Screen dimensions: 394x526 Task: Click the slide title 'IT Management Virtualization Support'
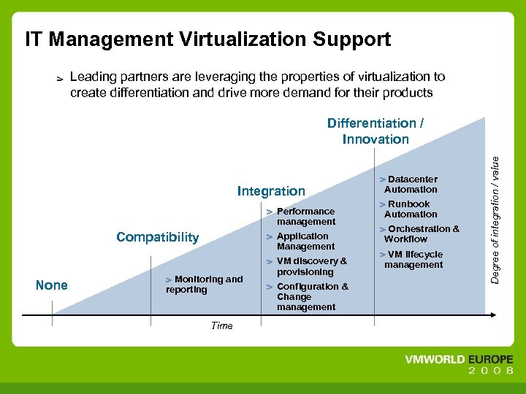(208, 39)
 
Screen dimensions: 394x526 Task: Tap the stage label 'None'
(51, 285)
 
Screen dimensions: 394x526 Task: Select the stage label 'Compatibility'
(157, 237)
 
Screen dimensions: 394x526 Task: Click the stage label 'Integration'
(271, 191)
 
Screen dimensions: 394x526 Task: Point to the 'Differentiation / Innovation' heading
(376, 131)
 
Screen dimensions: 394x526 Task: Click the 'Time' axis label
(221, 326)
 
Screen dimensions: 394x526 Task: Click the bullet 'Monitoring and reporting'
(205, 285)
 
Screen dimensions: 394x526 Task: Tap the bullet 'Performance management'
(305, 217)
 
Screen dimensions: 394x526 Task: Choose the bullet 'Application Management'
(305, 242)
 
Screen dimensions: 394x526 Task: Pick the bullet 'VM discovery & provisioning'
(310, 266)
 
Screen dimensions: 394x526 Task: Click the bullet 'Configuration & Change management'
(311, 297)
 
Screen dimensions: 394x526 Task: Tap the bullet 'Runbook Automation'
(409, 209)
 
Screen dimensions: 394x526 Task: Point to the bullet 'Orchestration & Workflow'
(421, 234)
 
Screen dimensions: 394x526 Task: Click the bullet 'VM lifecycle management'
(413, 260)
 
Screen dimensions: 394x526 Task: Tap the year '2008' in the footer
(490, 371)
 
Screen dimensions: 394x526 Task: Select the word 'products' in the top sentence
(405, 93)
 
